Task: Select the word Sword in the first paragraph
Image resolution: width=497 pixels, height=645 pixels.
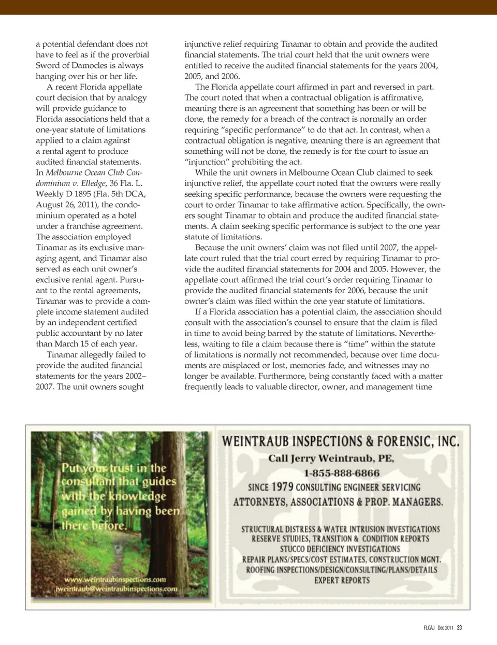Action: (x=47, y=65)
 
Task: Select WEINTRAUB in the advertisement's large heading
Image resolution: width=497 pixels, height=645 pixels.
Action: (x=255, y=441)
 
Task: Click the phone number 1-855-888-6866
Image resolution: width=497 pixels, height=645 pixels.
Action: (x=341, y=473)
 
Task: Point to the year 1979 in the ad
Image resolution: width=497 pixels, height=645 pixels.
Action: (x=283, y=487)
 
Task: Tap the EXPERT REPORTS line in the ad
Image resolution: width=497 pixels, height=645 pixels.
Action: (x=342, y=581)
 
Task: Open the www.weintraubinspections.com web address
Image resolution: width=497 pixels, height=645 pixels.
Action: (x=115, y=580)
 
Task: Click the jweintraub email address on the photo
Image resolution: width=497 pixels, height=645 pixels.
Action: (x=116, y=589)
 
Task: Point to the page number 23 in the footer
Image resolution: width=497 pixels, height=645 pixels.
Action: (x=459, y=628)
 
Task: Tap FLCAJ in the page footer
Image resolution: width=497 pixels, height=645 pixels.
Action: (x=429, y=628)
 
